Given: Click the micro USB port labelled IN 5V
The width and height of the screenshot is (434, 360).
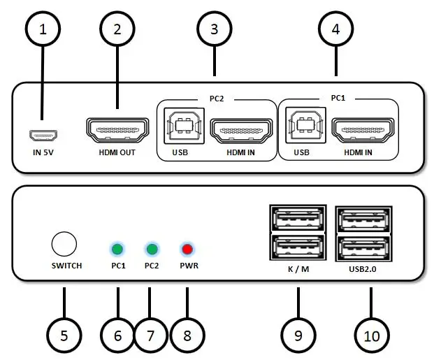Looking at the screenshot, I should click(x=42, y=134).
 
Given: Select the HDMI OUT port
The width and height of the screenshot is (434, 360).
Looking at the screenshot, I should click(x=117, y=131).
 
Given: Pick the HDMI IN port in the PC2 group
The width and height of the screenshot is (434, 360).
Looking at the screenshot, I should click(x=240, y=131).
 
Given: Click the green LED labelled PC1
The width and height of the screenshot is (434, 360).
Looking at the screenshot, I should click(x=117, y=249).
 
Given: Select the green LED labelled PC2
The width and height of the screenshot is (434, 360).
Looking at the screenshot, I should click(x=151, y=249).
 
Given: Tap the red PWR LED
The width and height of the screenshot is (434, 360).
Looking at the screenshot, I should click(x=187, y=249).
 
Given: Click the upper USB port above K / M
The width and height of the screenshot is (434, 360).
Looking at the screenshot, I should click(x=298, y=219).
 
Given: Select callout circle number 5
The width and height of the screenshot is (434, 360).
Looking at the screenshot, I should click(x=64, y=335).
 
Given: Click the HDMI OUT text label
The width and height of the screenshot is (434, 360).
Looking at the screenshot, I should click(x=117, y=152).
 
